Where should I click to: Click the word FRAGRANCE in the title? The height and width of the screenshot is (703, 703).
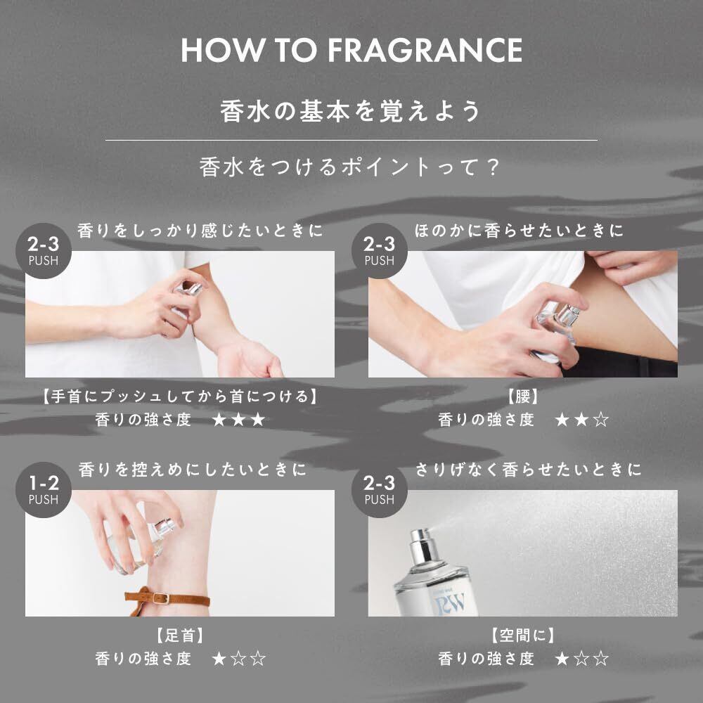click(x=425, y=50)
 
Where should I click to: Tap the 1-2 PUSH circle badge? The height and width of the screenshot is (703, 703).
click(x=44, y=490)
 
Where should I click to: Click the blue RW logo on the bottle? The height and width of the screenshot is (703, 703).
click(x=450, y=603)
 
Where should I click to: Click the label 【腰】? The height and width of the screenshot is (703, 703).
click(x=522, y=396)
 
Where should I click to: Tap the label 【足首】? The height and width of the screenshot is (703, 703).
click(x=180, y=636)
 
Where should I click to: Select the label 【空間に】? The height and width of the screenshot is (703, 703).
click(x=522, y=636)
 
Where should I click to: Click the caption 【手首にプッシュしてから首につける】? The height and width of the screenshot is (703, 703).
click(x=180, y=396)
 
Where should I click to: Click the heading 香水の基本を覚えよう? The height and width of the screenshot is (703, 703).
click(x=351, y=111)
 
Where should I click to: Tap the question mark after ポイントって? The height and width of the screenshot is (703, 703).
click(x=494, y=167)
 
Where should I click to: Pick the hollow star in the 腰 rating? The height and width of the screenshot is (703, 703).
click(x=601, y=420)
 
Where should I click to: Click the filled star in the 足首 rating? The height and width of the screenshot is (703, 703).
click(x=219, y=659)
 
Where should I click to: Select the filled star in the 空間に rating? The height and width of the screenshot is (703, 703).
click(x=562, y=659)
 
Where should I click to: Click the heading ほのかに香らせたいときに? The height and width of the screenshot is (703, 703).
click(x=520, y=231)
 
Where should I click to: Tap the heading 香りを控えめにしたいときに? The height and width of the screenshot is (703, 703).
click(x=193, y=470)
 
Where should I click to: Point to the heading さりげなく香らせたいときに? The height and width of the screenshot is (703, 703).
click(x=528, y=470)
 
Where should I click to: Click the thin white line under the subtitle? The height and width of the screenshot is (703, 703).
click(x=351, y=141)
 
